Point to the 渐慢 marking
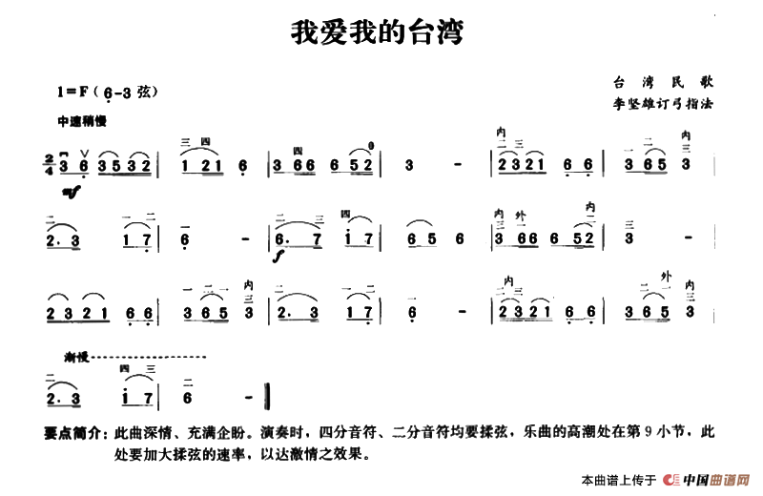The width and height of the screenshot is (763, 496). tap(76, 357)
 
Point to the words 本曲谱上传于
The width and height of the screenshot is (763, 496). tap(616, 478)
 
